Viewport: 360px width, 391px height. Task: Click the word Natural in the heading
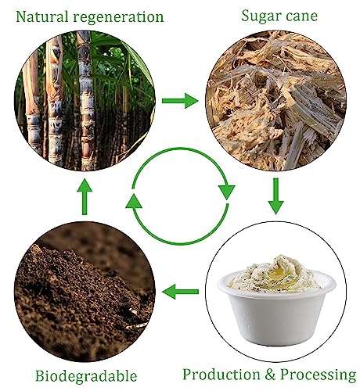click(41, 16)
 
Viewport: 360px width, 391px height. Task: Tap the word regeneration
click(118, 18)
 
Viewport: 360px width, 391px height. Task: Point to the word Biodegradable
click(86, 376)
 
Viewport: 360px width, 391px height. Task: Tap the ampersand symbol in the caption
click(270, 375)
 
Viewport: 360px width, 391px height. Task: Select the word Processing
click(319, 375)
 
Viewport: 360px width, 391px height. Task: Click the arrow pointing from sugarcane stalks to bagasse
click(180, 101)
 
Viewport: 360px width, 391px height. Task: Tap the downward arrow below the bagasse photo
click(275, 196)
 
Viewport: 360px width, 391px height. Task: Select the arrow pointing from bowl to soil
click(180, 292)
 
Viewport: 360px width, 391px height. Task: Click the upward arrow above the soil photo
click(85, 197)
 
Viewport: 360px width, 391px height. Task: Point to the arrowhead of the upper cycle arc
click(226, 192)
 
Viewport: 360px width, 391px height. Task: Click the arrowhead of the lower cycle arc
click(134, 201)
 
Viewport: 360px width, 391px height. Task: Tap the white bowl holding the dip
click(276, 307)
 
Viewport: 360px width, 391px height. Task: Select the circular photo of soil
click(85, 292)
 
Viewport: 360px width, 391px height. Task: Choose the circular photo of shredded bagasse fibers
click(275, 101)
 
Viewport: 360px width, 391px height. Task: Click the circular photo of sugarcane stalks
click(85, 101)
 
